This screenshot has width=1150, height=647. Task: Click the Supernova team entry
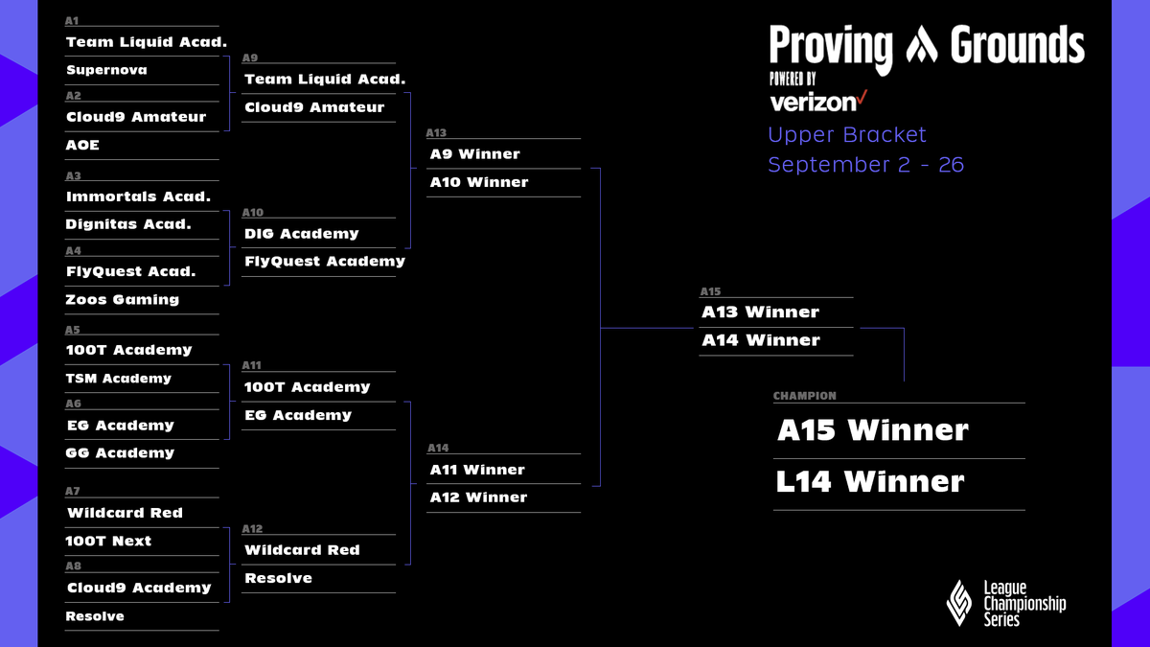tap(106, 70)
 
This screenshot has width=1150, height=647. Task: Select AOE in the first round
tap(82, 145)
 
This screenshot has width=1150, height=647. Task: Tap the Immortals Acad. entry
tap(138, 196)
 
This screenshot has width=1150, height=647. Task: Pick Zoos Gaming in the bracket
tap(122, 299)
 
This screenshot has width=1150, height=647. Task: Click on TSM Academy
tap(119, 378)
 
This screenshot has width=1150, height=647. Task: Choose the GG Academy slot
tap(120, 452)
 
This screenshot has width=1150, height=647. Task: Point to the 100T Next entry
tap(108, 541)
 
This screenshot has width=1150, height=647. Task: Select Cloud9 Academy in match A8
tap(138, 588)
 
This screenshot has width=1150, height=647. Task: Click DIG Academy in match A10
tap(301, 233)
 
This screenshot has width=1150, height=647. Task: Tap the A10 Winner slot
tap(478, 182)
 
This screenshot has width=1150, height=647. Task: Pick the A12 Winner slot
tap(478, 497)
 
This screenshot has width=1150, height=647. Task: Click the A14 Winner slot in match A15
tap(760, 340)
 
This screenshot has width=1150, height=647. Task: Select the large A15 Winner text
tap(872, 430)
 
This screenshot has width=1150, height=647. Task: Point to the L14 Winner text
tap(869, 481)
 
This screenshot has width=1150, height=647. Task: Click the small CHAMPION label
tap(804, 396)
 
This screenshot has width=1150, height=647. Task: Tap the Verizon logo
tap(817, 100)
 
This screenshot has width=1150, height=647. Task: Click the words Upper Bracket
tap(847, 135)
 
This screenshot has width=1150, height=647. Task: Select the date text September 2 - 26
tap(865, 164)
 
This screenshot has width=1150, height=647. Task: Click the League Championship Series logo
tap(1005, 603)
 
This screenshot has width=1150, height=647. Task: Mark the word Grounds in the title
tap(1017, 45)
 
